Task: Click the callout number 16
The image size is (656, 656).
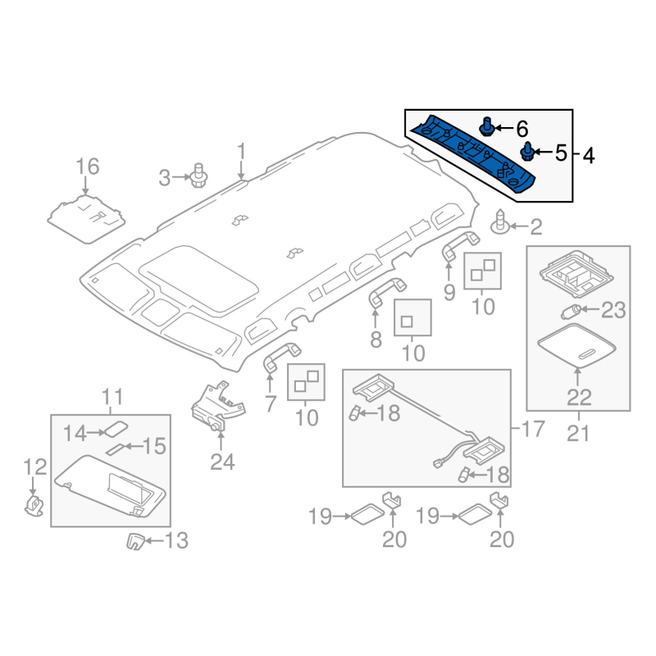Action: [88, 166]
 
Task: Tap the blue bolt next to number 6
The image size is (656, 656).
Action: [486, 126]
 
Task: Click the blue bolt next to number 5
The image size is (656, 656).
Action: [527, 152]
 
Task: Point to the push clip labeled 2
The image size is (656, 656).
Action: [499, 221]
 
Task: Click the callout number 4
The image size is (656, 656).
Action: [588, 156]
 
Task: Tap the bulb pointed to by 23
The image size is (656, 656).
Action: [571, 312]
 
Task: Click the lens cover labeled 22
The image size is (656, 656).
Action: [577, 345]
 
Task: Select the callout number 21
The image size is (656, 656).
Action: [579, 433]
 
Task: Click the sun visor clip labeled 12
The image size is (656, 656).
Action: [34, 504]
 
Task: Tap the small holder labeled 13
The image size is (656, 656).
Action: [135, 541]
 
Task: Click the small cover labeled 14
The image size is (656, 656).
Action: [116, 429]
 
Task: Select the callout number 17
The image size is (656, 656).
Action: [533, 429]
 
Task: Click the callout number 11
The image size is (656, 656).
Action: [112, 397]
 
